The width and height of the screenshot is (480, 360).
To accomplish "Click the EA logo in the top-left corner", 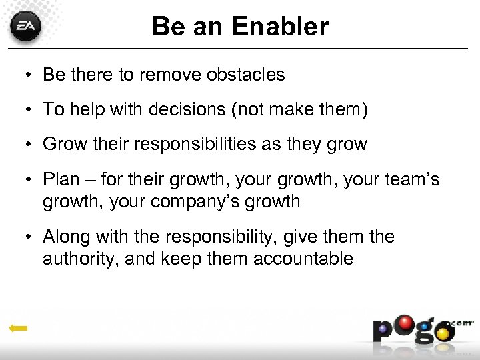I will tap(26, 28).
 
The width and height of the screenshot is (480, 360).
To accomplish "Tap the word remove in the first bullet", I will tap(170, 75).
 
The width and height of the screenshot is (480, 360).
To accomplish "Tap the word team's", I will tap(413, 179).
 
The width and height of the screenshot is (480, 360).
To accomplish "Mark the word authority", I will tap(79, 258).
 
